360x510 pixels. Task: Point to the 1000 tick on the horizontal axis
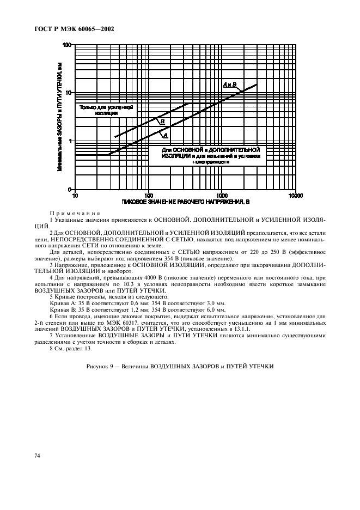(221, 195)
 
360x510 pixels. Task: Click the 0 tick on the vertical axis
(70, 189)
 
